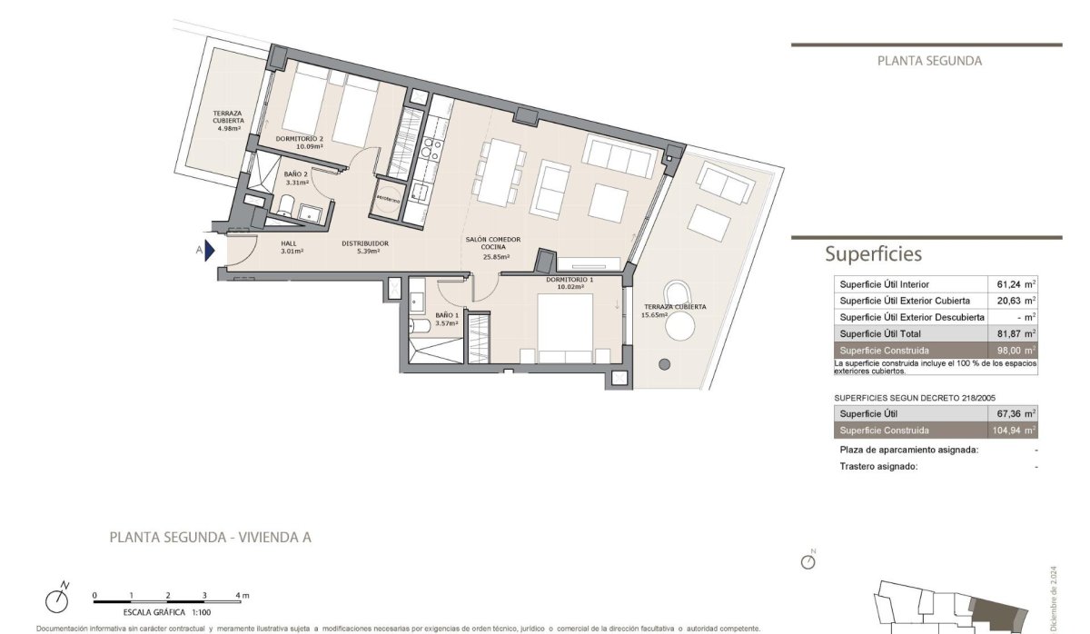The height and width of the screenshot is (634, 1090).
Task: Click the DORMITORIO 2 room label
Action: pos(299,138)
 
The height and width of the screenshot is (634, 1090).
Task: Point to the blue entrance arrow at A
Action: pos(210,251)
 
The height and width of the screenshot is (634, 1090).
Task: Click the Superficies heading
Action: pos(873,254)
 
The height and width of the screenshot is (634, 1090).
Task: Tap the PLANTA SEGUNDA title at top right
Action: pos(929,62)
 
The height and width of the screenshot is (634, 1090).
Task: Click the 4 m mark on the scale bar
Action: pos(242,596)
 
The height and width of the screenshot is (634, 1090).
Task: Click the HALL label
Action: pos(288,243)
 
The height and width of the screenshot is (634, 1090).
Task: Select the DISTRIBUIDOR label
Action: pos(365,243)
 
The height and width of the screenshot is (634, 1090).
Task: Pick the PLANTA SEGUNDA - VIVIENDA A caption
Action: pos(210,537)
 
